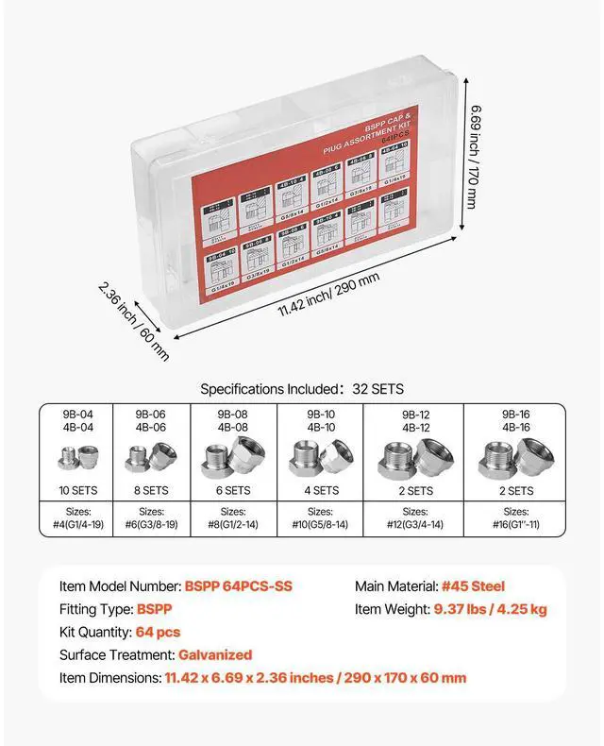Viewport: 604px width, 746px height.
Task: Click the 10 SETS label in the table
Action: click(x=75, y=491)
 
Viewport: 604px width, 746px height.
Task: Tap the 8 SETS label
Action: click(x=150, y=491)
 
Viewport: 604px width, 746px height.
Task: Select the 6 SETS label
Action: click(x=233, y=491)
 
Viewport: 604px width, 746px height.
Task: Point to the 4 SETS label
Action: click(x=321, y=491)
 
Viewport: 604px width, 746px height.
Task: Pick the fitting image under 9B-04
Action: click(x=75, y=461)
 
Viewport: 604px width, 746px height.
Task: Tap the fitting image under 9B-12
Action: click(x=415, y=458)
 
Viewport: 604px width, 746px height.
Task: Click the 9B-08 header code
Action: click(x=233, y=413)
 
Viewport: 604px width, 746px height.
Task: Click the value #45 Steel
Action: click(x=473, y=586)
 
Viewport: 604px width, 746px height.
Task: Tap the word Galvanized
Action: click(x=213, y=654)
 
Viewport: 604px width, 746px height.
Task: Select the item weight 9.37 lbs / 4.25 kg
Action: click(x=490, y=609)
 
